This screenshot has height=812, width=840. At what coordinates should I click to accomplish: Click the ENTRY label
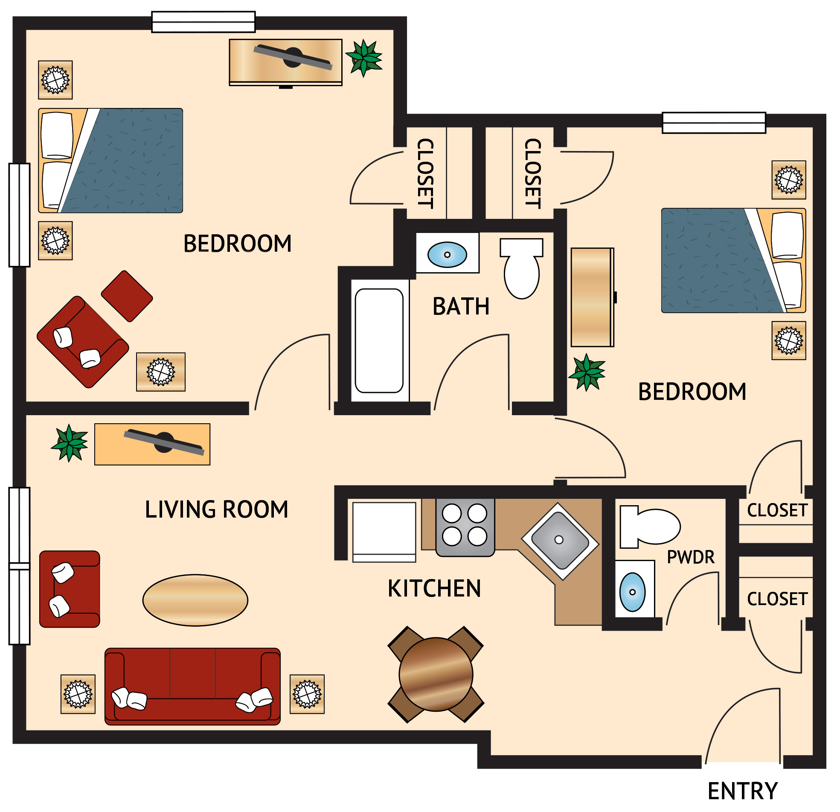(742, 791)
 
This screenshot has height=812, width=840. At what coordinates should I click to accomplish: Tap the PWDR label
(690, 557)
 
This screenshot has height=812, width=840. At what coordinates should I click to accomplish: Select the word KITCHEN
(434, 588)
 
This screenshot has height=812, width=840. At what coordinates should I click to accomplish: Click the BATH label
(461, 306)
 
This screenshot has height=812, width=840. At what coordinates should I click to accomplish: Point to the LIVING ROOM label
(216, 509)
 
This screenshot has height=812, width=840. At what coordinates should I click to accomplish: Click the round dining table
(436, 674)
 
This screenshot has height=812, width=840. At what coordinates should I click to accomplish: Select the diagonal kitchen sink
(559, 541)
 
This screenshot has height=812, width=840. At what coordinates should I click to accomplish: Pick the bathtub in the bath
(379, 341)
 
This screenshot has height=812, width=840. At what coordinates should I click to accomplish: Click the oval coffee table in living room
(195, 600)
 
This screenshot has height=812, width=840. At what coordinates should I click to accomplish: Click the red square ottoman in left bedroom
(127, 296)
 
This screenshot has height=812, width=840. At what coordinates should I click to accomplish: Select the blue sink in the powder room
(633, 592)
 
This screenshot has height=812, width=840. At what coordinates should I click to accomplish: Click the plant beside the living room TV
(70, 443)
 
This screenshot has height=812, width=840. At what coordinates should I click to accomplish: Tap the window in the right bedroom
(714, 122)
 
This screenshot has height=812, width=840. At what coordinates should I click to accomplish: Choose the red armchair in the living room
(70, 589)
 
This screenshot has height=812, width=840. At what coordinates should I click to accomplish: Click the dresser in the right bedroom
(592, 297)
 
